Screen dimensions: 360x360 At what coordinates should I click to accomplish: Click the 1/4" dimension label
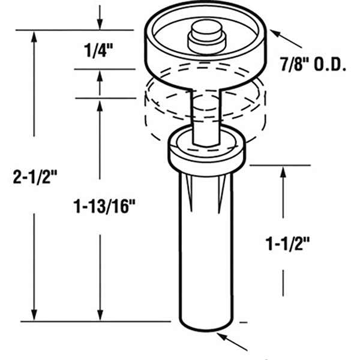[x=100, y=50]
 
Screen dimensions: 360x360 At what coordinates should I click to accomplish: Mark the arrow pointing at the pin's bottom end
[x=235, y=343]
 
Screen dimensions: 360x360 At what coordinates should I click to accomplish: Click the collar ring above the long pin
[x=205, y=151]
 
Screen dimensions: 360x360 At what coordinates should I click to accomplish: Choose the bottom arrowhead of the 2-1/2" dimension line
[x=34, y=314]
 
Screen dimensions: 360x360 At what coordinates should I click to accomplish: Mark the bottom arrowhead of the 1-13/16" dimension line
[x=100, y=314]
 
